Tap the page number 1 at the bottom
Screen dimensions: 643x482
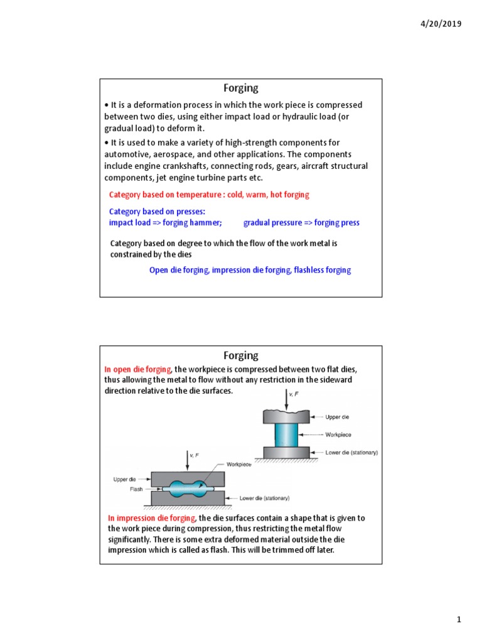point(459,620)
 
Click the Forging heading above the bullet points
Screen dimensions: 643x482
point(241,89)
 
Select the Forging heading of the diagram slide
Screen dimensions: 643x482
point(241,356)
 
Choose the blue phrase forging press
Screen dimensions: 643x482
point(337,223)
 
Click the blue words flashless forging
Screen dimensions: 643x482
point(323,270)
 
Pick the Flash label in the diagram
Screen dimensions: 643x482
point(137,489)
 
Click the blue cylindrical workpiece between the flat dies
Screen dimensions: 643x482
point(287,434)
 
